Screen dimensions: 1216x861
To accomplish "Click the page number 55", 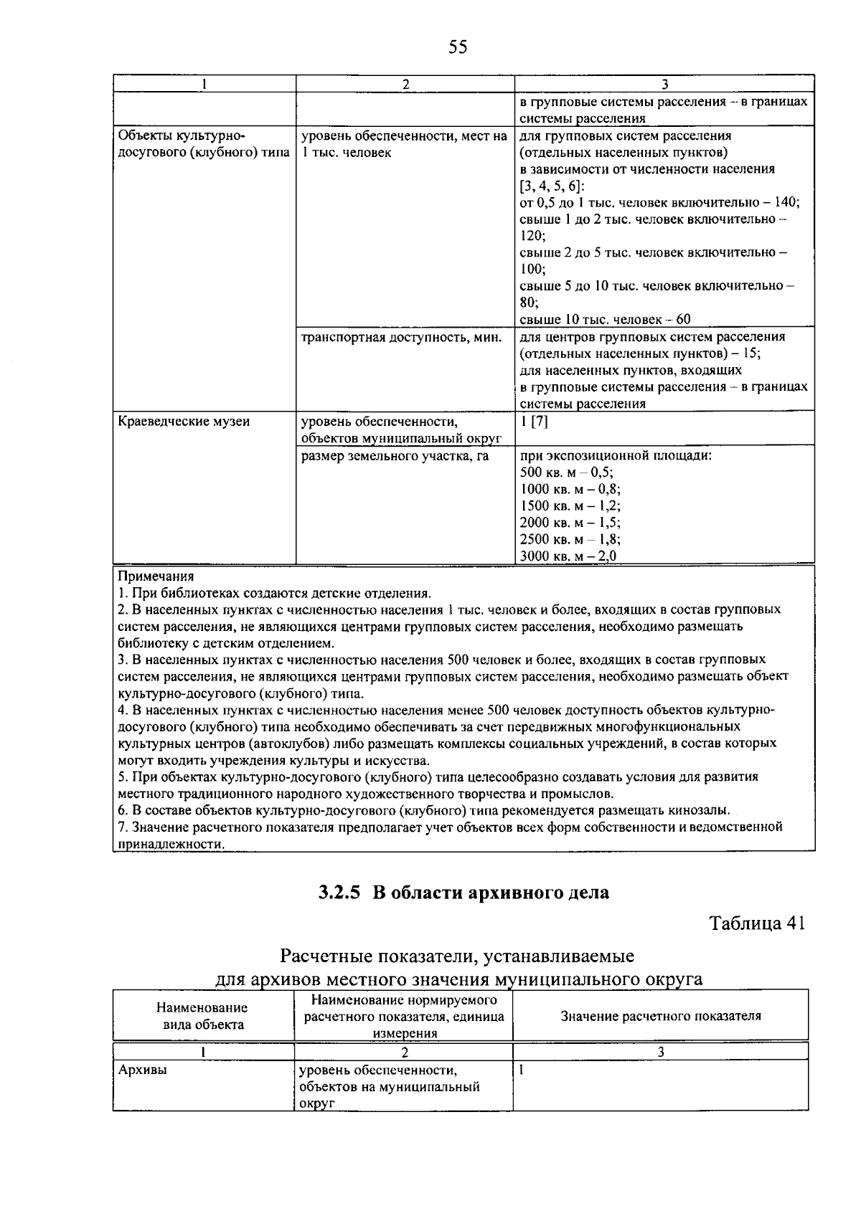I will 457,47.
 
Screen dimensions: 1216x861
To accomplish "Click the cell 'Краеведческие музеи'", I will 184,422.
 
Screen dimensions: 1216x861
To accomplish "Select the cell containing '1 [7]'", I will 534,422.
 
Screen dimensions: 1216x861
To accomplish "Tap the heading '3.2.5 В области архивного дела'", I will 464,893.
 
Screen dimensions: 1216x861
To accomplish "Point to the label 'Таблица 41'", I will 758,923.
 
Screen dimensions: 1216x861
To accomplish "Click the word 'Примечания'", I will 156,576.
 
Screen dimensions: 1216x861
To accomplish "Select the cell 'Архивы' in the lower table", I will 143,1070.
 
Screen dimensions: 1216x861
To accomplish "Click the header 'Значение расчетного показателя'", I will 660,1015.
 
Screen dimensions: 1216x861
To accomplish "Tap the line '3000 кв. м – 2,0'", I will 568,556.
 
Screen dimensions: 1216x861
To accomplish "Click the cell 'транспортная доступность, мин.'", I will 401,337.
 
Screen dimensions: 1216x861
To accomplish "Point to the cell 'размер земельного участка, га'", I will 395,455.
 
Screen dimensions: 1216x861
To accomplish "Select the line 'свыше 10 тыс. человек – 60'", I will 605,319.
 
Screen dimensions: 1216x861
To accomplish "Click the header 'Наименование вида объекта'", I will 203,1016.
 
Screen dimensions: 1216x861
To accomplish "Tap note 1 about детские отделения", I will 274,593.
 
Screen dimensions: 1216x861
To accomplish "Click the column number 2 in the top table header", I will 405,84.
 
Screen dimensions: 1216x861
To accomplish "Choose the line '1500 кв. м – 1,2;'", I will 570,505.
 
